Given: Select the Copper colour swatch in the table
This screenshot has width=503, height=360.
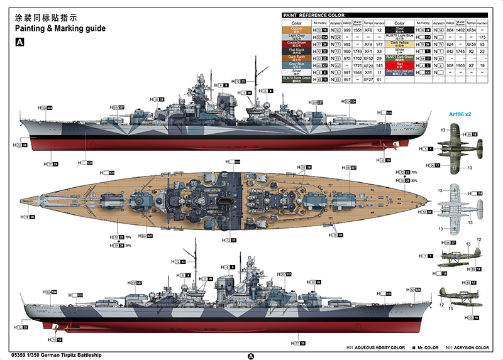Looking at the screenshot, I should click(297, 30).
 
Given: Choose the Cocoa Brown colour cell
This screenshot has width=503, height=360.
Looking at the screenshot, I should click(297, 44).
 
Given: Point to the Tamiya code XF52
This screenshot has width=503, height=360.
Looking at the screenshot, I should click(368, 58).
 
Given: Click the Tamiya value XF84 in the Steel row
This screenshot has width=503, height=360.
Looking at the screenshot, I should click(470, 30).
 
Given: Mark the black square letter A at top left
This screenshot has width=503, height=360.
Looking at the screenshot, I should click(19, 41).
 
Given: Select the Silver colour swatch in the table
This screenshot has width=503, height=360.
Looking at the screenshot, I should click(297, 72).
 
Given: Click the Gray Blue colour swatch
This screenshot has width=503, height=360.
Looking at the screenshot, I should click(297, 65).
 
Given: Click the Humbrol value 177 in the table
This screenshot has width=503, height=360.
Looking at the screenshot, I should click(379, 44).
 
